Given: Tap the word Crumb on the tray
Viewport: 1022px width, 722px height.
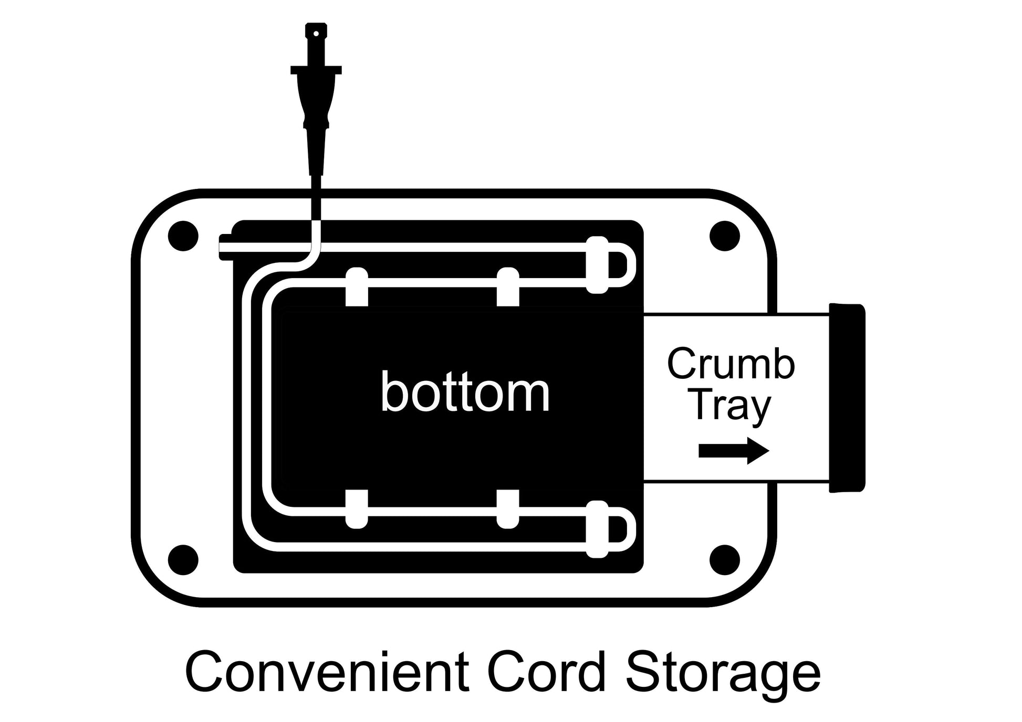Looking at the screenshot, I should coord(731,364).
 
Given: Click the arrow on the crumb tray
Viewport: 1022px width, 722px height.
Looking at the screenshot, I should coord(734,451).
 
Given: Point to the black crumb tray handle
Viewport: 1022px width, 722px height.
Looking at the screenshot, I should coord(847,398).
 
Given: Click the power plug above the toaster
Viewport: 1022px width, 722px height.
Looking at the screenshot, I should coord(316,100).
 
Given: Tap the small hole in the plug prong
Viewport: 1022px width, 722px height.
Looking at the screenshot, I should coord(316,34).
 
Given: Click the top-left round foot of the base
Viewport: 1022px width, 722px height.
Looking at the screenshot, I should coord(183,236).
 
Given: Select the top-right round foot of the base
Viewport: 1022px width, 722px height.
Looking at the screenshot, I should coord(725,236).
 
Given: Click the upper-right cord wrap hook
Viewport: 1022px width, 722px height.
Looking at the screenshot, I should coord(597,265).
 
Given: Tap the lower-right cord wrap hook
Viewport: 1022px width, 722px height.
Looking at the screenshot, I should coord(597,529).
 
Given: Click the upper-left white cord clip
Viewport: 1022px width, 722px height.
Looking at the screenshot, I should coord(357,286).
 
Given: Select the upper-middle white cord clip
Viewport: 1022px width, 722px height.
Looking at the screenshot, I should coord(508,286).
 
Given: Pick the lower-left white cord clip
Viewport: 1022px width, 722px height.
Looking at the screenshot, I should coord(357,509).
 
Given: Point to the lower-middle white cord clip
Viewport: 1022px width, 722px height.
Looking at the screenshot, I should coord(508,509).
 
